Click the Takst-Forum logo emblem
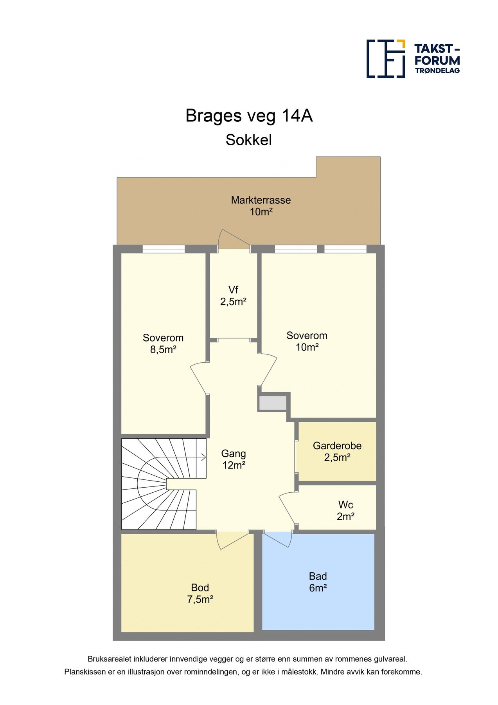385,58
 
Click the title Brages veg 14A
249,116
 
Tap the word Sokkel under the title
249,140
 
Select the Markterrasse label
261,206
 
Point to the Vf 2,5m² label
233,296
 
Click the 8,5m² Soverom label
163,343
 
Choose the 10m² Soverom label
307,341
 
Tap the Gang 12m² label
234,459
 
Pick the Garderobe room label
337,451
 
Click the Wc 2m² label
346,510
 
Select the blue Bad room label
318,582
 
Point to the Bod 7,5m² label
200,593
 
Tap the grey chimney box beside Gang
272,403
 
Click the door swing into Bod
232,540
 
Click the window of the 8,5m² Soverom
164,249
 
